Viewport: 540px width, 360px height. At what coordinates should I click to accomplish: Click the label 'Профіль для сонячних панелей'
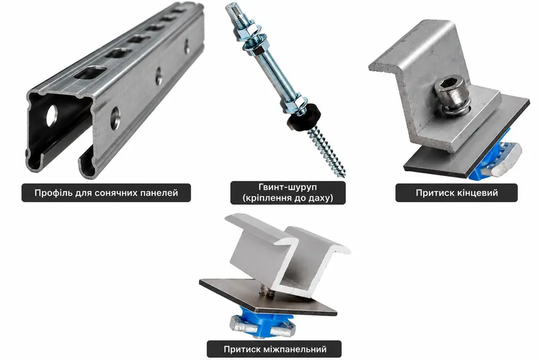point(106,192)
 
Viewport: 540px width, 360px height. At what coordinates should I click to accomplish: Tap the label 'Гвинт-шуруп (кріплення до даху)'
point(288,192)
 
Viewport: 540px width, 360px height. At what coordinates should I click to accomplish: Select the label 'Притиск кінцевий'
point(457,192)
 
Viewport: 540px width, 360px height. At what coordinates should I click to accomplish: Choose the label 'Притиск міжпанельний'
point(275,349)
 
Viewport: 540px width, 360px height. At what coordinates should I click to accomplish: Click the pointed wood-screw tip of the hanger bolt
point(343,175)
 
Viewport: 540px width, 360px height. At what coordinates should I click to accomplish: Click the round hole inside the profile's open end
point(52,115)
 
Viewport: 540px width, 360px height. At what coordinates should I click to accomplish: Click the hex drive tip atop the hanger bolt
point(231,9)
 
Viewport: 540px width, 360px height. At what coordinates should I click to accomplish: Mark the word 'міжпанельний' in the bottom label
point(294,349)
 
